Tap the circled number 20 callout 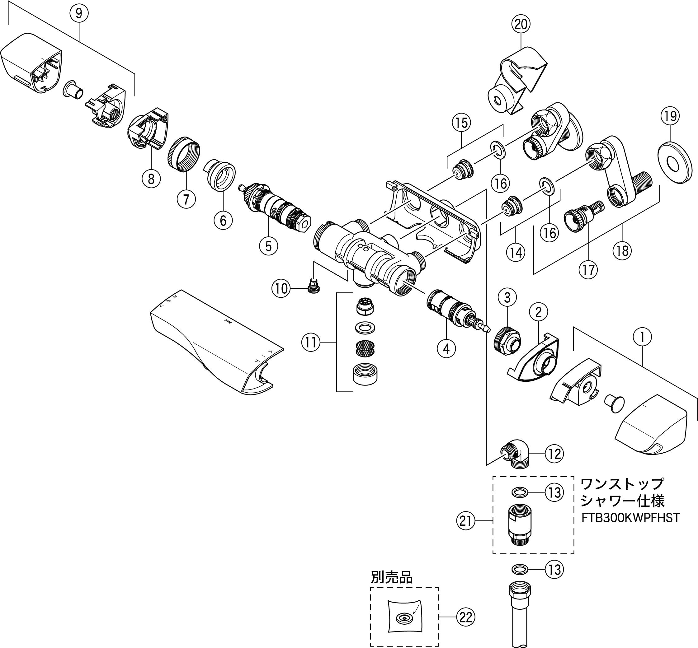tap(521, 24)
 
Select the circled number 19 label tap(670, 116)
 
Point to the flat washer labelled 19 tap(674, 162)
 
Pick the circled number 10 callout tap(281, 289)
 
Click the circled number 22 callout tap(466, 617)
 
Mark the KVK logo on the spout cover tap(228, 320)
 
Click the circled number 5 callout tap(268, 246)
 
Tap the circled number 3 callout tap(507, 298)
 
